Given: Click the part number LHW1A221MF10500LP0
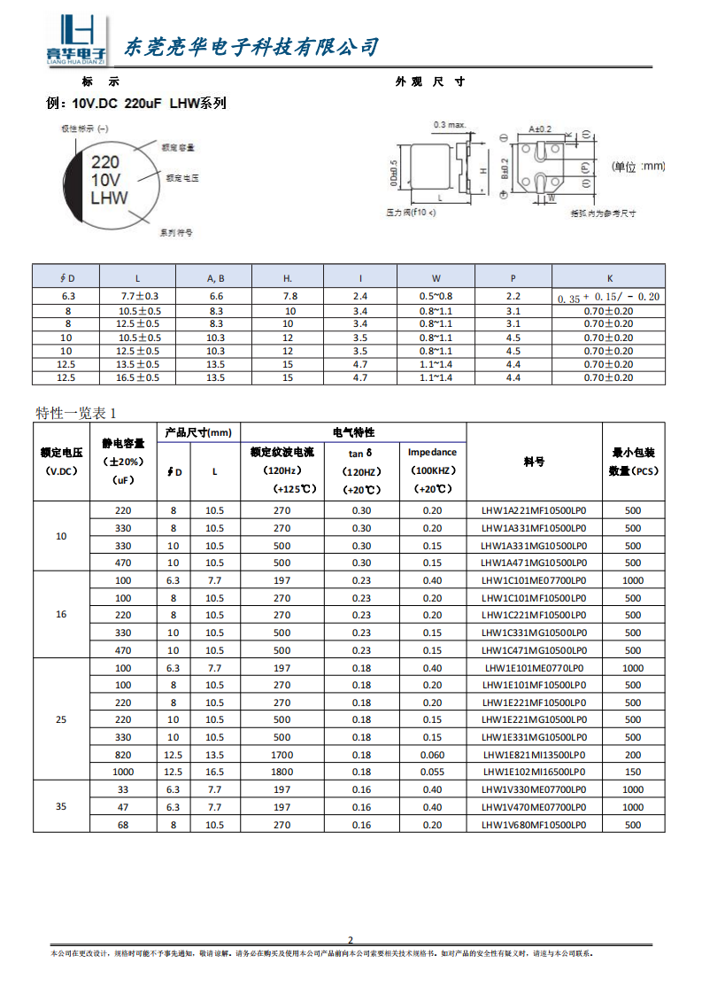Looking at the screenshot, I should tap(534, 510).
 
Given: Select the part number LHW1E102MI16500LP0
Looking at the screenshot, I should tap(534, 773).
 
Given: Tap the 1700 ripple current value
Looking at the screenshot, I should tap(282, 755).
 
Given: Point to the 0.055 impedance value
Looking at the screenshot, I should tap(432, 773).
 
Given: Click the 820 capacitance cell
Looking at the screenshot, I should tap(123, 755).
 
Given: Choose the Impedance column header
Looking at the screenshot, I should tap(432, 452).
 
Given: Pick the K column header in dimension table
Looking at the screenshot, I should tap(608, 277).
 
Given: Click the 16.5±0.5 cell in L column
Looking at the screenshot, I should tap(139, 378).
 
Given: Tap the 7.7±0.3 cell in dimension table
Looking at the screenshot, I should tap(139, 296).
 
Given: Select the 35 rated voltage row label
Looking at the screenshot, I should tap(61, 807).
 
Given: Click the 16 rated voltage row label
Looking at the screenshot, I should tap(61, 615).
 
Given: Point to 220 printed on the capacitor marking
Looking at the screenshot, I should tap(105, 162).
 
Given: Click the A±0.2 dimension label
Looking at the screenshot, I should tap(540, 128).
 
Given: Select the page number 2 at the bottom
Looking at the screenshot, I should tap(350, 940).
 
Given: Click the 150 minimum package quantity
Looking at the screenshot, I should tap(633, 773).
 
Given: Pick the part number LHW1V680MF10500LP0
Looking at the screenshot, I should tap(534, 825).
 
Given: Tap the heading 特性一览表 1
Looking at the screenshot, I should tap(76, 413).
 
